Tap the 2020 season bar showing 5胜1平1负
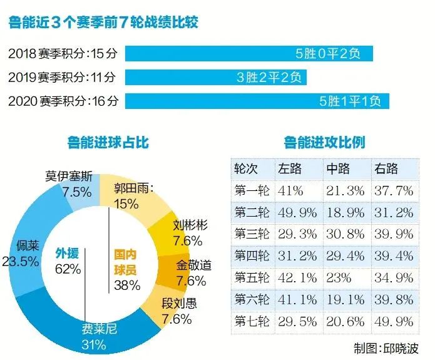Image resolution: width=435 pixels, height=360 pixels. point(257,100)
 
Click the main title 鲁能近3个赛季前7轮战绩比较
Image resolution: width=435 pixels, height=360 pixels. point(104,24)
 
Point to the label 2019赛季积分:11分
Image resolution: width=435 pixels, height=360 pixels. point(63,77)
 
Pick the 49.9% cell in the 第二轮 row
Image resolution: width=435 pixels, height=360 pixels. point(298,212)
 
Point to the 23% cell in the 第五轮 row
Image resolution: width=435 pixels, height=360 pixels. point(339,277)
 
